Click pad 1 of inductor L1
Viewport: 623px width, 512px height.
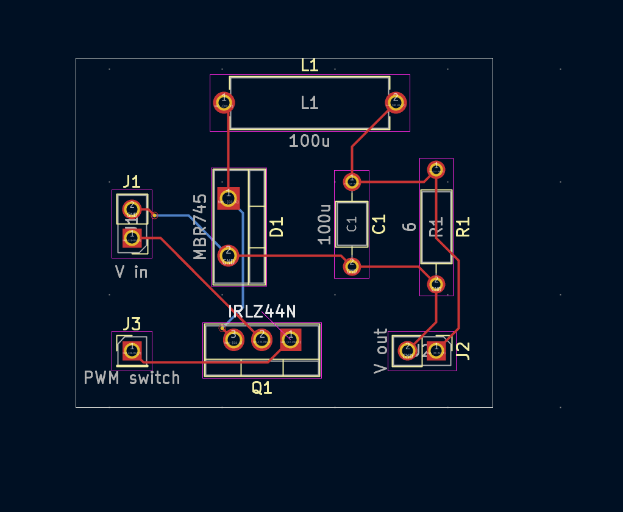(223, 102)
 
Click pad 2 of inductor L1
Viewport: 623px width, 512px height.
(395, 101)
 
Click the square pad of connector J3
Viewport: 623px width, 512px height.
(131, 350)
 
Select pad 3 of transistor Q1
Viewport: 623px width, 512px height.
(232, 338)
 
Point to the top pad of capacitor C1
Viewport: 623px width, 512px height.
(352, 181)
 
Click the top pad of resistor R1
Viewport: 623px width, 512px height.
(436, 169)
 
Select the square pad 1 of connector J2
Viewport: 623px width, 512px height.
(436, 350)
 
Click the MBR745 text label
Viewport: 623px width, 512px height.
(201, 227)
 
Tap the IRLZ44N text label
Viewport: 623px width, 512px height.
(262, 311)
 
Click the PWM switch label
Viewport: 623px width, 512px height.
(132, 378)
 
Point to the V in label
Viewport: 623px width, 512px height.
(132, 272)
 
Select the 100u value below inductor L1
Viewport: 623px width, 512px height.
(309, 141)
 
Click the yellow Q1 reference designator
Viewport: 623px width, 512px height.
(262, 388)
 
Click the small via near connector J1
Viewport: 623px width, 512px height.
(155, 215)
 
